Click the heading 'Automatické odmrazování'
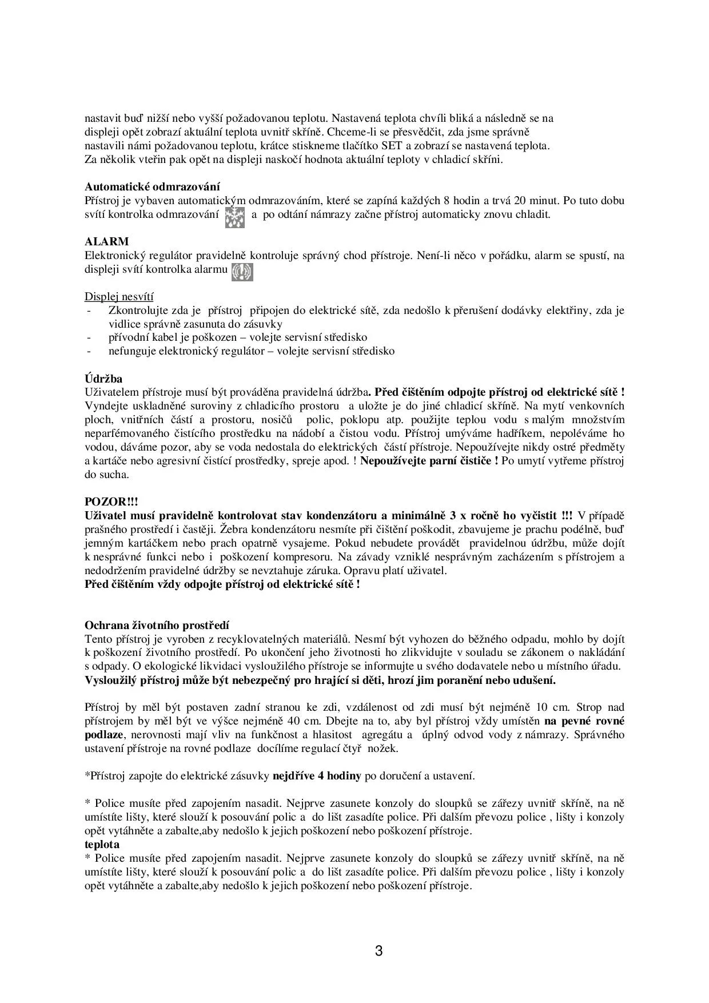pyautogui.click(x=152, y=186)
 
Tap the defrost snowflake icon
pyautogui.click(x=234, y=217)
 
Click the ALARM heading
pyautogui.click(x=107, y=241)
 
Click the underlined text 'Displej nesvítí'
pyautogui.click(x=119, y=296)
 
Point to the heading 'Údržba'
pyautogui.click(x=103, y=379)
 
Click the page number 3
pyautogui.click(x=379, y=952)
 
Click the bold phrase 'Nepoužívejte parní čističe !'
pyautogui.click(x=429, y=461)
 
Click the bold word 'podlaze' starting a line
pyautogui.click(x=103, y=734)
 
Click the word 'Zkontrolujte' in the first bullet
pyautogui.click(x=136, y=311)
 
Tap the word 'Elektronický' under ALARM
pyautogui.click(x=113, y=256)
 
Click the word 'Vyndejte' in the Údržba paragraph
pyautogui.click(x=104, y=406)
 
